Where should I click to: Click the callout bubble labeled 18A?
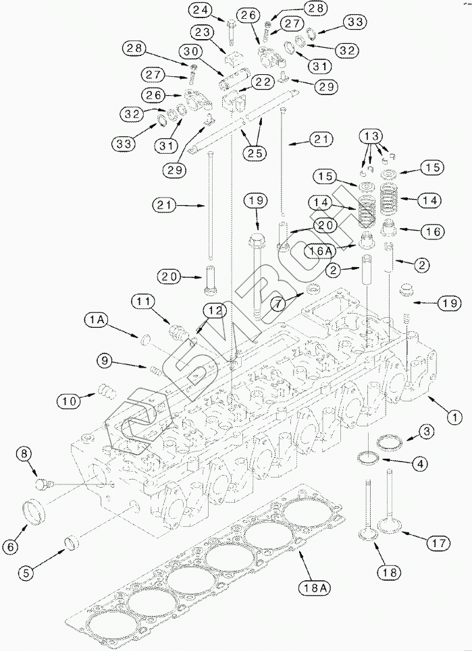tap(315, 588)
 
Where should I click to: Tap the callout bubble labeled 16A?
tap(319, 251)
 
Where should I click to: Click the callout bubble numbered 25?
tap(255, 153)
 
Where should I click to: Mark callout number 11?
tap(143, 301)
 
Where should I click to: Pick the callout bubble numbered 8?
tap(24, 454)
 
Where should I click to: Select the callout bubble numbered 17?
tap(438, 542)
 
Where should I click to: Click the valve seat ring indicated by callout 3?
tap(390, 442)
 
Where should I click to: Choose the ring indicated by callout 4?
tap(368, 458)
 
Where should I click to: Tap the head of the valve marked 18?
tap(368, 534)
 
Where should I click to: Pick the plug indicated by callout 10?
tap(107, 391)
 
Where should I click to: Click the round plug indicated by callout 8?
tap(43, 484)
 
